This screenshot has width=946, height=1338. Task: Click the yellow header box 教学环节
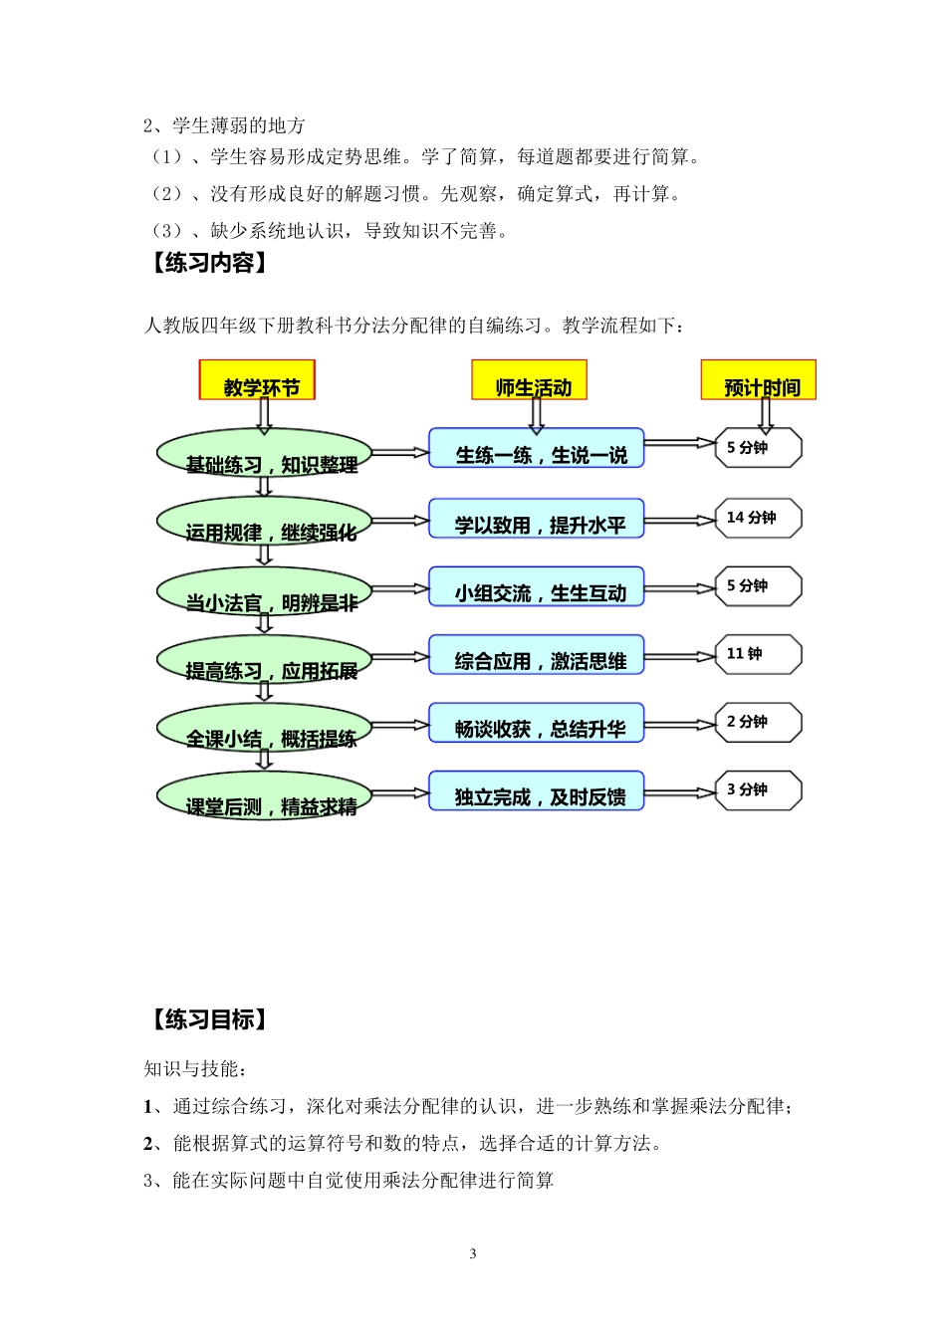257,380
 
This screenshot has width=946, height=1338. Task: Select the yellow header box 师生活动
529,380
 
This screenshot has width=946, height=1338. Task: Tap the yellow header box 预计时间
759,380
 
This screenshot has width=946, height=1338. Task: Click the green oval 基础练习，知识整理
264,454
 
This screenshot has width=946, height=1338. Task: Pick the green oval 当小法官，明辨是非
264,592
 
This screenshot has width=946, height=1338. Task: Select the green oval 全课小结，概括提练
264,729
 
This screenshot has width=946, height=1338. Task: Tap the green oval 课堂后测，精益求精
264,796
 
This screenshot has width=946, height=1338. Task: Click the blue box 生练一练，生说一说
537,449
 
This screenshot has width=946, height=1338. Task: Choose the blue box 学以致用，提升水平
537,519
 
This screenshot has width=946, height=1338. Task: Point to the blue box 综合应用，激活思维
537,655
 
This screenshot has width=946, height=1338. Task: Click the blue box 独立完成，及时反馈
537,790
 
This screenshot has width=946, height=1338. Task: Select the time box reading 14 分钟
759,518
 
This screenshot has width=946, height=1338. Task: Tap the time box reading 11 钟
759,654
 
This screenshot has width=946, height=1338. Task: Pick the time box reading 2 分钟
759,722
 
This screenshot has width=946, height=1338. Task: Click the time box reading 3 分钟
759,790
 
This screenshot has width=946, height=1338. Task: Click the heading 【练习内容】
209,263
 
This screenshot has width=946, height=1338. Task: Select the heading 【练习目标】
209,1019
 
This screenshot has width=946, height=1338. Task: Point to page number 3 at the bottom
473,1253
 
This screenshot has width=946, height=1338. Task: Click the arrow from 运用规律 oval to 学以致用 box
399,521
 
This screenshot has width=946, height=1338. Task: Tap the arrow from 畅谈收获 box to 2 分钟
680,724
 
